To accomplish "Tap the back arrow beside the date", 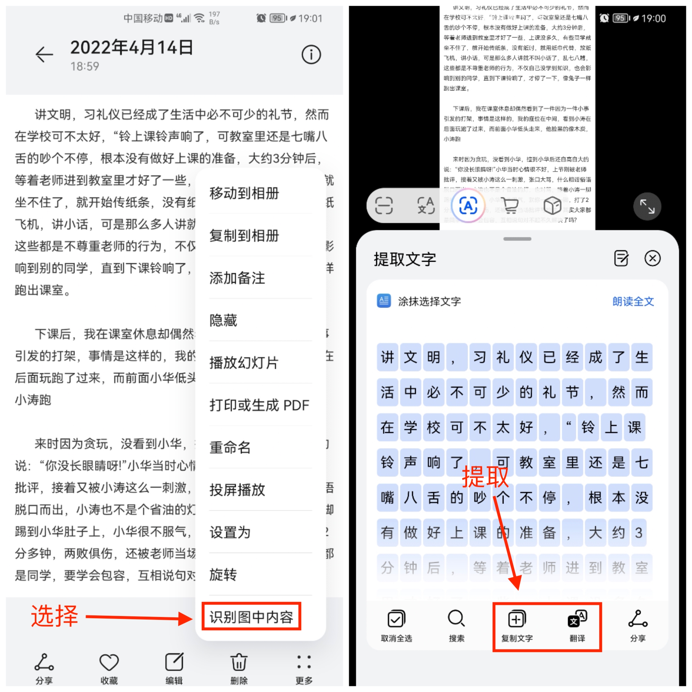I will [45, 54].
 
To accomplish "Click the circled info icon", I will [311, 54].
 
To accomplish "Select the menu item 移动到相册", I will [244, 194].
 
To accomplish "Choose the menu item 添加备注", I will [237, 278].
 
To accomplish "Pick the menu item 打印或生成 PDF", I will [259, 405].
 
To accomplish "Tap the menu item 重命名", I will [230, 447].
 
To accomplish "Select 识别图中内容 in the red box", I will [251, 616].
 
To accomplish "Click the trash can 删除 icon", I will [239, 662].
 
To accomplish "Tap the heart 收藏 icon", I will [109, 662].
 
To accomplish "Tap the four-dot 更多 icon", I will [304, 662].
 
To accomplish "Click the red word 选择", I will [54, 616].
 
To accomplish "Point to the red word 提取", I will [485, 477].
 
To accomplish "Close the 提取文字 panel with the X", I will [652, 258].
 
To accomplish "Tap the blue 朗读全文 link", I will [633, 301].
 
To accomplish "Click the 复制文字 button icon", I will [517, 619].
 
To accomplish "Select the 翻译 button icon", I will [577, 619].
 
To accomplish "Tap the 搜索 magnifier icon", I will [456, 619].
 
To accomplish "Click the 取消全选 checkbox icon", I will [396, 619].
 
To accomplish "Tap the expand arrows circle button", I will [647, 206].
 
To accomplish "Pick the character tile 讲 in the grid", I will [387, 357].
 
